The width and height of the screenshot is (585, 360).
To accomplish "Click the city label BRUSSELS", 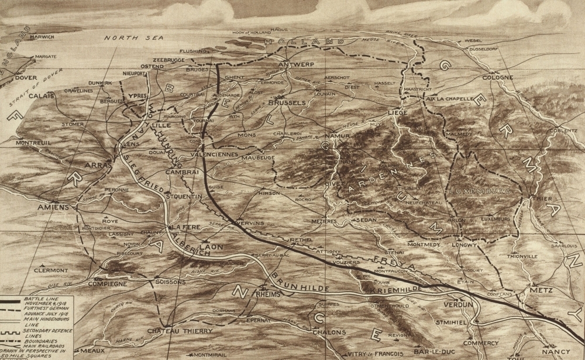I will click(287, 103).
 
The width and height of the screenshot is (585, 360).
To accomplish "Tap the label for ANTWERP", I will click(297, 64).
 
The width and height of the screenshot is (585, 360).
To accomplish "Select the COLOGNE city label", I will click(497, 77).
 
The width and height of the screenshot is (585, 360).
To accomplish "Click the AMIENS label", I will click(53, 207).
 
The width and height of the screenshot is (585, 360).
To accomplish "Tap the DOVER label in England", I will click(26, 77).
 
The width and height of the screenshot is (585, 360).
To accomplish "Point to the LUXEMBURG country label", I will click(480, 191).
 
